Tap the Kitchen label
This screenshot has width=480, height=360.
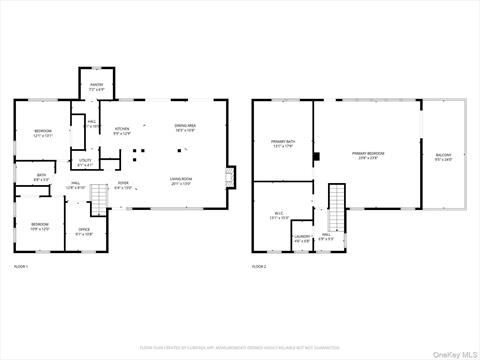121,131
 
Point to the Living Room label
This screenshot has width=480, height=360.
181,181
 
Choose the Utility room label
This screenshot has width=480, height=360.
86,162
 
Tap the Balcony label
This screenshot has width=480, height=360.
443,157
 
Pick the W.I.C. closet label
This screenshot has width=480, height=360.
280,214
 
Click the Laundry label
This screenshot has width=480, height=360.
302,238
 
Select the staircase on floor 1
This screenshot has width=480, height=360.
99,200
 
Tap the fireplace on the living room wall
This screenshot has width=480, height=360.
232,176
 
